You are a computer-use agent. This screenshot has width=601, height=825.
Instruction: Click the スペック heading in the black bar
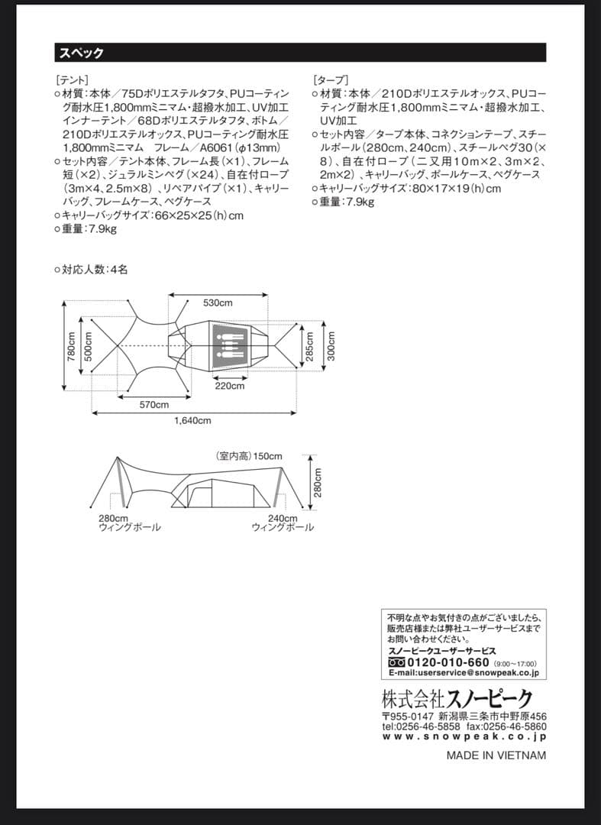click(79, 53)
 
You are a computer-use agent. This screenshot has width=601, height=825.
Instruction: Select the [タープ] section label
click(330, 79)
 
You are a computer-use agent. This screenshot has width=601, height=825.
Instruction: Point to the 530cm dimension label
click(218, 303)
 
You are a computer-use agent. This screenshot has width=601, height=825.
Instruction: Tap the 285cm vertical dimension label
click(309, 345)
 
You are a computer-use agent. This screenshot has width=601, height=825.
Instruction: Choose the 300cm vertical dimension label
click(331, 345)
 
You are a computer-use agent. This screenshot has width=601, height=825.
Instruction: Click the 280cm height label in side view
click(318, 482)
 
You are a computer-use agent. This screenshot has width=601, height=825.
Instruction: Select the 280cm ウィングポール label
click(129, 523)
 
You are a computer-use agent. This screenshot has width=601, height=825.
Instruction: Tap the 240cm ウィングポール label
click(282, 523)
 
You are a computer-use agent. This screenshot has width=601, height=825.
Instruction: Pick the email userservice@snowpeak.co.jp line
click(464, 673)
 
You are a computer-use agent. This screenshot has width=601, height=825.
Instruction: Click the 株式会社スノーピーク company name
click(457, 698)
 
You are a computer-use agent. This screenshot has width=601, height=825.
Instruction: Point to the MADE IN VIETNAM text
click(496, 755)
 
